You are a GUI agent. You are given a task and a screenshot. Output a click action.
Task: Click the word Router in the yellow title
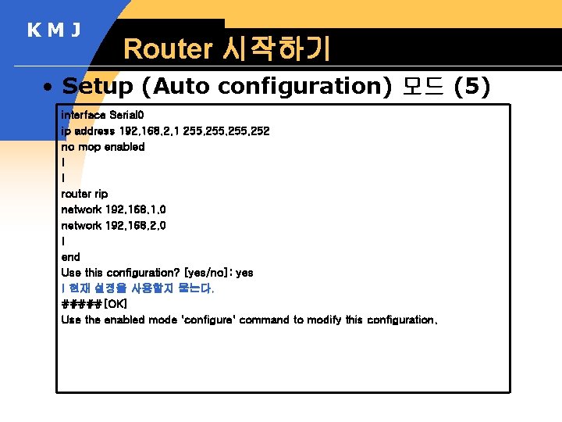coord(168,49)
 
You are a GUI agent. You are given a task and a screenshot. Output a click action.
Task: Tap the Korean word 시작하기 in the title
coord(276,49)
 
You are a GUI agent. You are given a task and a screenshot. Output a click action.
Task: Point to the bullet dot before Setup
coord(48,87)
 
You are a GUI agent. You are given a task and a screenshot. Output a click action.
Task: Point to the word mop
coord(89,146)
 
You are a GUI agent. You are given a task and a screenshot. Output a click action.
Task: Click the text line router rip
coord(84,194)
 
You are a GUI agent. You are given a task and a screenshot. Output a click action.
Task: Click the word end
coord(70,256)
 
